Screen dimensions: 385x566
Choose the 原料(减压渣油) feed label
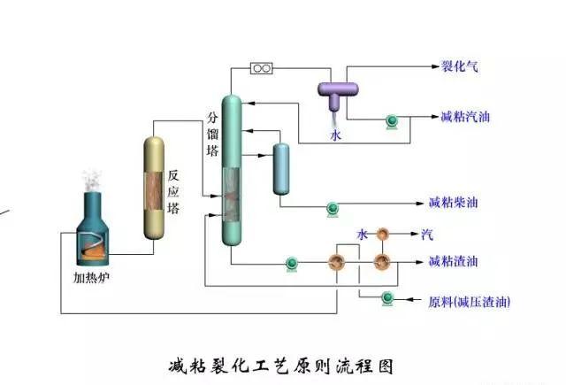coord(469,302)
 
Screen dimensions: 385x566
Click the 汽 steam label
coord(427,235)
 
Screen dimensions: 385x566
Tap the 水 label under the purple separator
coord(335,135)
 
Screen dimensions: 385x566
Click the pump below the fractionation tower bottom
coord(291,263)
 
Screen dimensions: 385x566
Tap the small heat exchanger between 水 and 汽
coord(382,235)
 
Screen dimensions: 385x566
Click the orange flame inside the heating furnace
coord(92,250)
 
